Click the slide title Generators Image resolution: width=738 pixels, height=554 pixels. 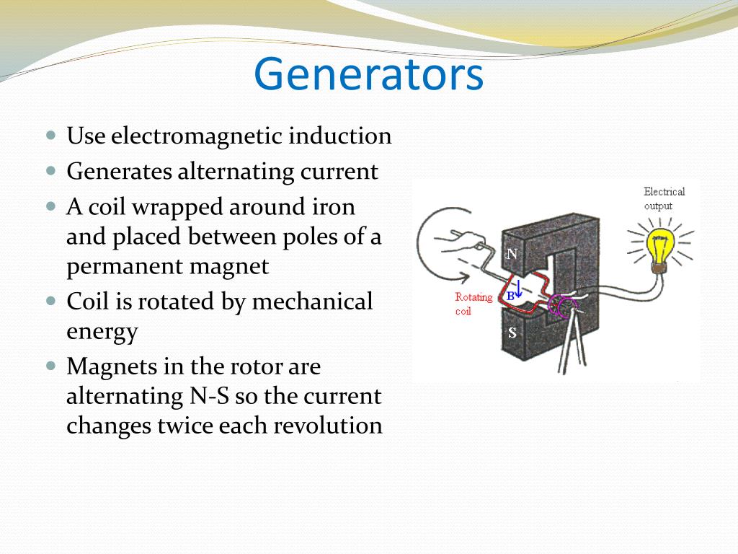point(368,75)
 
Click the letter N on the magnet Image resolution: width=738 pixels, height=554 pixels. point(512,254)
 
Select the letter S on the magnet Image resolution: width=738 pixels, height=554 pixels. point(512,333)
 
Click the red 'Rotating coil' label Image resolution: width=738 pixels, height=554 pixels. point(474,304)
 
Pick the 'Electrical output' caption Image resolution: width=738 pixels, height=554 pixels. point(664,198)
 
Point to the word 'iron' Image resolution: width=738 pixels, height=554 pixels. point(334,207)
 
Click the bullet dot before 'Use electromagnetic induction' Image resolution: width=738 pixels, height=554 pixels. point(50,135)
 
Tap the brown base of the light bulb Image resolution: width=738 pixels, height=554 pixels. point(658,268)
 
